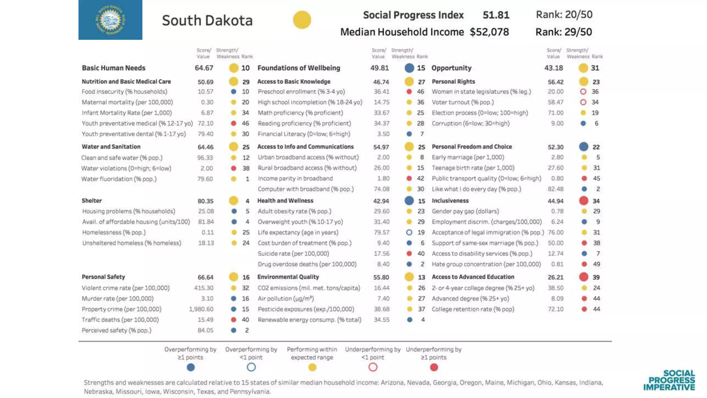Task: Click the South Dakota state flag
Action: [110, 20]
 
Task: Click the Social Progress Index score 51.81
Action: [496, 15]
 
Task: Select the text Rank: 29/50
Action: [563, 32]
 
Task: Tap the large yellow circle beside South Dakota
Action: [302, 20]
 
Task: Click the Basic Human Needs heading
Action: [113, 68]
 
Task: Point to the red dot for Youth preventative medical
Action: [233, 123]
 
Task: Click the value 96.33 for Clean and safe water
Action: [205, 158]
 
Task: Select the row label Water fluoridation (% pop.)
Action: [119, 179]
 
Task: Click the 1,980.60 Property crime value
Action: [201, 309]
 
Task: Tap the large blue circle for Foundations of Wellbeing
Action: [409, 68]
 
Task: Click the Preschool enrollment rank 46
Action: [420, 92]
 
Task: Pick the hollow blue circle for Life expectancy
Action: [409, 233]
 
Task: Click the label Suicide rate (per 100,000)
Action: [293, 254]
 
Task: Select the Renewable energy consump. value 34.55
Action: [381, 320]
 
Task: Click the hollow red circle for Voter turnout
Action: [583, 102]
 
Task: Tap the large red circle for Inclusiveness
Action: [583, 201]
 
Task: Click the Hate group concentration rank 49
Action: [597, 264]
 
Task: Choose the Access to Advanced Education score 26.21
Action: [555, 277]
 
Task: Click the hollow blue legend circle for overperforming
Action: [251, 367]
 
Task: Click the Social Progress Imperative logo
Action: [669, 380]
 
